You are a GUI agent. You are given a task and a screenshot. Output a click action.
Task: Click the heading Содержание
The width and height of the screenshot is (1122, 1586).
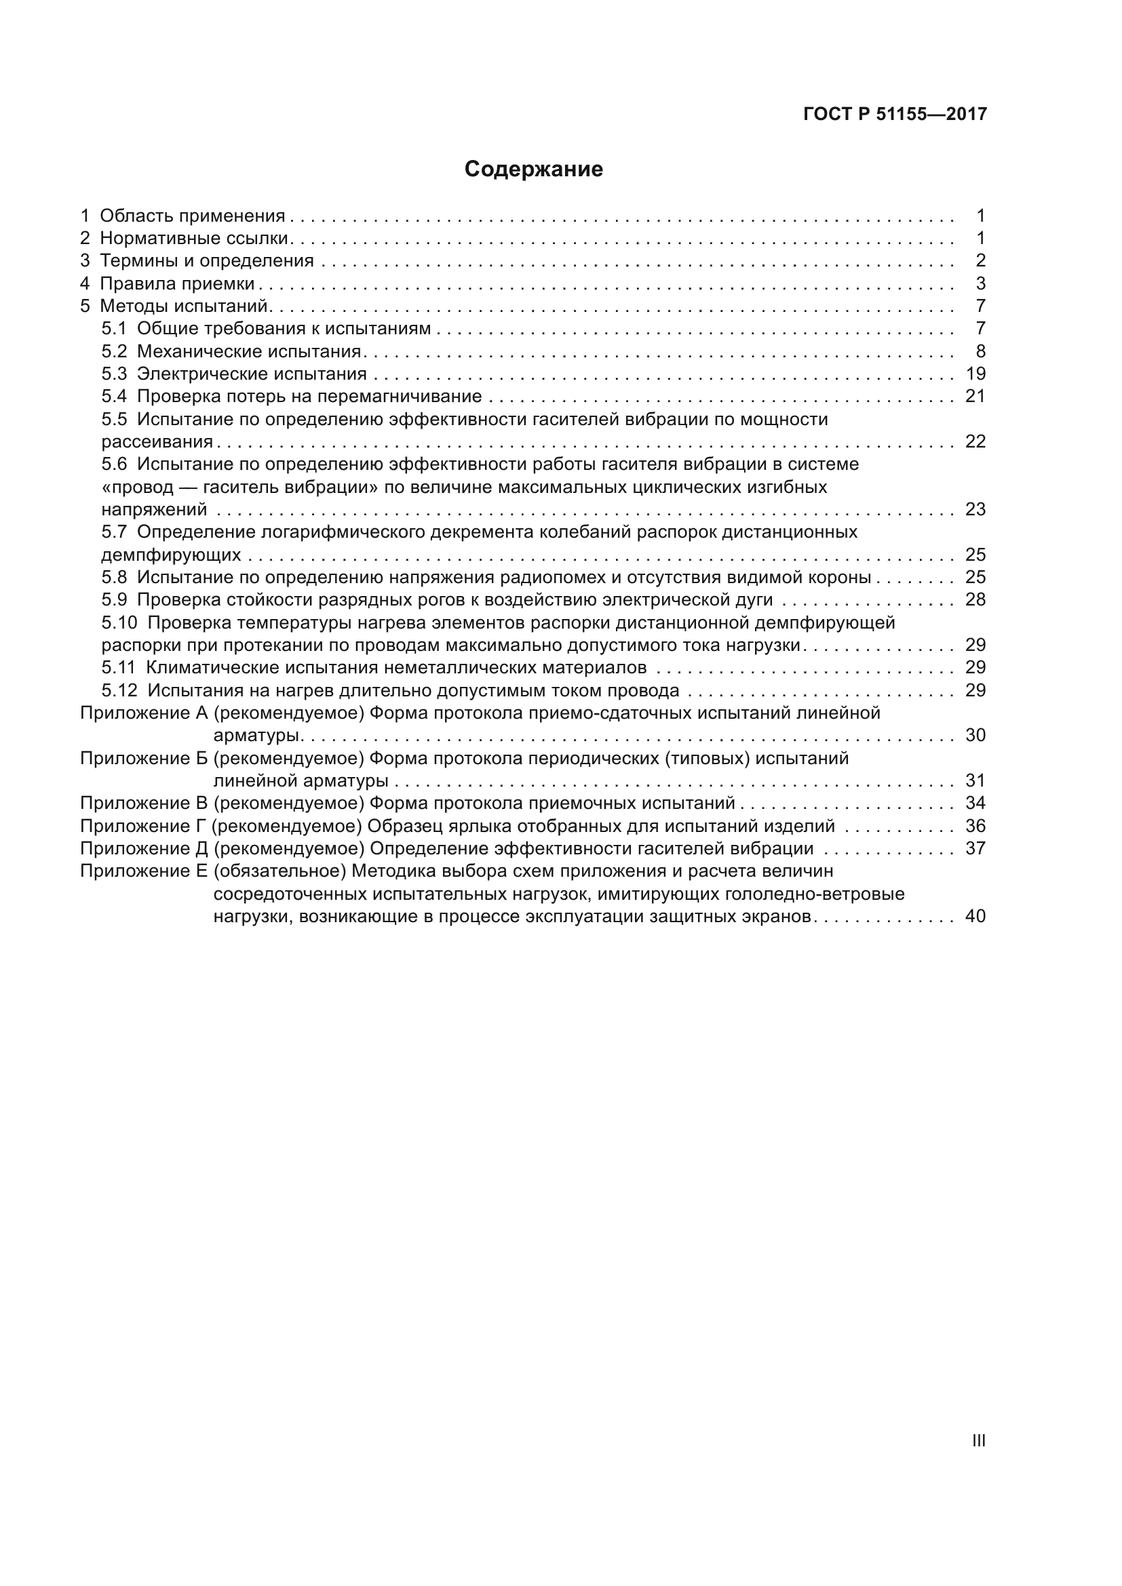coord(533,170)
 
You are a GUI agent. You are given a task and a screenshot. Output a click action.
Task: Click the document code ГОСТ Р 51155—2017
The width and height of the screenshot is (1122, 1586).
coord(895,114)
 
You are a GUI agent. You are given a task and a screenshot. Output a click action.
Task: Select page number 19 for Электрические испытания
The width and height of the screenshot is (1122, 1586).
coord(975,374)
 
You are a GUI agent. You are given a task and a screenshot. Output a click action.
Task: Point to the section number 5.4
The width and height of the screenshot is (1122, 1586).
coord(114,397)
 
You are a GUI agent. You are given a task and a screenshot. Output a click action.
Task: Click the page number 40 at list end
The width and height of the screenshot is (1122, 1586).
coord(975,917)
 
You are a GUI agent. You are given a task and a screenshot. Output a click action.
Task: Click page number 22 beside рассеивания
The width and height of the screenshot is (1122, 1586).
coord(975,441)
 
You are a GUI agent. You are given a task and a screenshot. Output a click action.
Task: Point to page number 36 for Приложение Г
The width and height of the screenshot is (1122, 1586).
coord(975,826)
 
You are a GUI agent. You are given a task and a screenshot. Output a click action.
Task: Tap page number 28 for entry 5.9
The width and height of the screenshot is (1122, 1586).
coord(975,599)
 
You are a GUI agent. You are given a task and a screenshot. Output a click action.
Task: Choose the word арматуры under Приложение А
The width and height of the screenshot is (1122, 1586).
coord(257,736)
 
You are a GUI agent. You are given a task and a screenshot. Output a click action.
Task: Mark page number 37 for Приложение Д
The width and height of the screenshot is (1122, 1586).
coord(975,848)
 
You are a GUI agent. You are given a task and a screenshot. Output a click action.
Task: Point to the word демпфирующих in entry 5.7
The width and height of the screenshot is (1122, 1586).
coord(172,555)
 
